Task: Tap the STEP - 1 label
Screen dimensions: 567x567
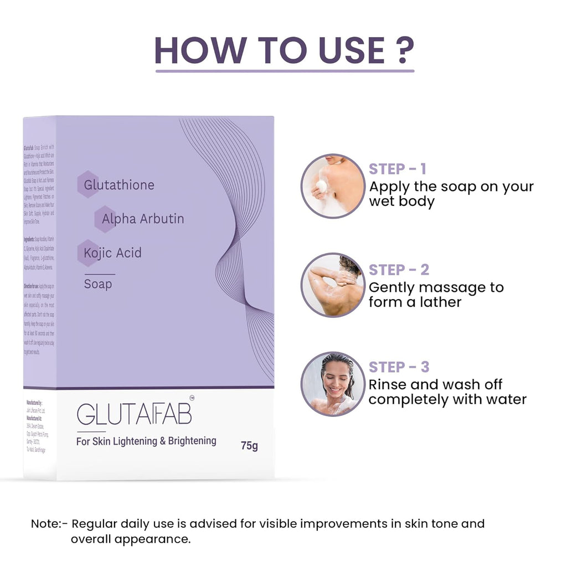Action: (398, 169)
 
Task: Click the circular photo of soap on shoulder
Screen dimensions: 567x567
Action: (333, 186)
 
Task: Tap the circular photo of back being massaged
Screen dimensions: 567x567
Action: (333, 285)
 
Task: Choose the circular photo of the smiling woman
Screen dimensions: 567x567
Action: (333, 384)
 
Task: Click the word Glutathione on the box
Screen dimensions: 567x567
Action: (119, 184)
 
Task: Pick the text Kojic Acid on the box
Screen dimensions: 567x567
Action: (112, 253)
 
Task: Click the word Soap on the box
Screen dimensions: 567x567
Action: (98, 284)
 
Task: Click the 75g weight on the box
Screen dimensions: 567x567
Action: (249, 445)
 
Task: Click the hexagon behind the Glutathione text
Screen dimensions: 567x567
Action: (88, 184)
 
